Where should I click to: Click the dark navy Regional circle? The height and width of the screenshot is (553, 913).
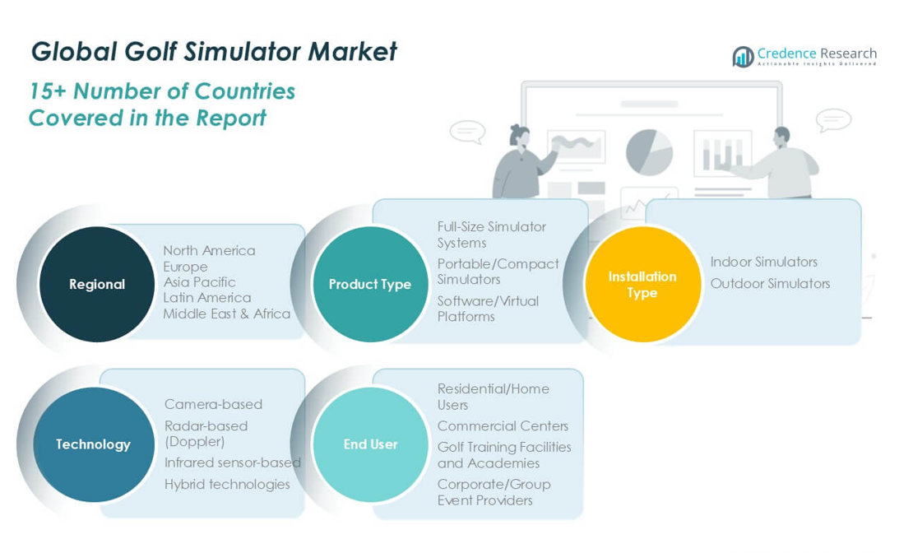[x=97, y=284]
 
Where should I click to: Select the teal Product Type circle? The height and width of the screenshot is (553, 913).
[x=370, y=284]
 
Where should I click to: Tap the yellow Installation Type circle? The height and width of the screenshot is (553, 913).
[x=642, y=284]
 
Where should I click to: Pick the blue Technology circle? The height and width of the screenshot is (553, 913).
[x=93, y=444]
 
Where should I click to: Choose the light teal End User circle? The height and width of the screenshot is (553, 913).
[x=370, y=444]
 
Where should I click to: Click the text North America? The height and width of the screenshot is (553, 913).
[x=209, y=250]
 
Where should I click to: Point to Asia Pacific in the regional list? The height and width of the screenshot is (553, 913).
[x=199, y=282]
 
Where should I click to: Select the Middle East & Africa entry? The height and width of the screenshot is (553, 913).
[x=226, y=314]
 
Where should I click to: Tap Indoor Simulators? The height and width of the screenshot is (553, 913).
[x=764, y=262]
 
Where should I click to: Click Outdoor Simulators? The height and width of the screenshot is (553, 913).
[x=771, y=283]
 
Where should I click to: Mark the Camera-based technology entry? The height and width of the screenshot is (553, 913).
[x=213, y=404]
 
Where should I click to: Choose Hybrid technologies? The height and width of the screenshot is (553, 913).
[x=227, y=484]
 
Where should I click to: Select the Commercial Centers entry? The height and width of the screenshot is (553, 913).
[x=503, y=425]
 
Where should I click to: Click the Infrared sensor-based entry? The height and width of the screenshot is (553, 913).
[x=233, y=462]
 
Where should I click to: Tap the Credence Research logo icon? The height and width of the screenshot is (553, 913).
[x=743, y=56]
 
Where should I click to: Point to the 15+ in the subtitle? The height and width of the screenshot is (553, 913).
[x=49, y=91]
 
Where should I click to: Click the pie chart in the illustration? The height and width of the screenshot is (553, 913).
[x=649, y=152]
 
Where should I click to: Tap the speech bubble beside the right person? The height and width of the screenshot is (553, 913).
[x=833, y=120]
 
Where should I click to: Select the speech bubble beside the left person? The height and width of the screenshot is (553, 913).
[x=467, y=132]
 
